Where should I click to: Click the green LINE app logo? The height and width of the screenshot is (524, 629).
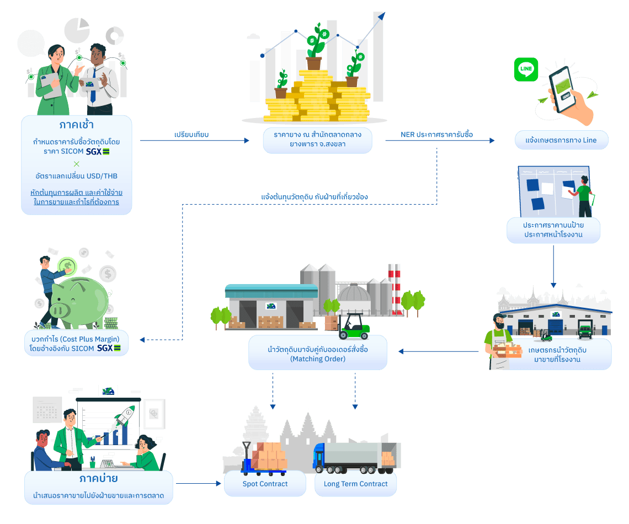point(526,69)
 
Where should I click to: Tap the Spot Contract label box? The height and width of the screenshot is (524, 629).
point(265,484)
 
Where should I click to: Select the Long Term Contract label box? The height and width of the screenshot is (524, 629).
point(355,484)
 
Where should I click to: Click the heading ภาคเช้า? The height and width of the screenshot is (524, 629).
point(76,124)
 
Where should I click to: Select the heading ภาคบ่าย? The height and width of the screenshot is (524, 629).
point(98,478)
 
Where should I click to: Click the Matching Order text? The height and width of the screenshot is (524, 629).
point(317,359)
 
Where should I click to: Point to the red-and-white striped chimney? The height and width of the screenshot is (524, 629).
point(395,287)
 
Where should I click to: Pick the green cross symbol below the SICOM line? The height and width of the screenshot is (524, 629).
point(76,163)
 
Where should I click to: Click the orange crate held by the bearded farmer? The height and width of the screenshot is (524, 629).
point(508,350)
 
